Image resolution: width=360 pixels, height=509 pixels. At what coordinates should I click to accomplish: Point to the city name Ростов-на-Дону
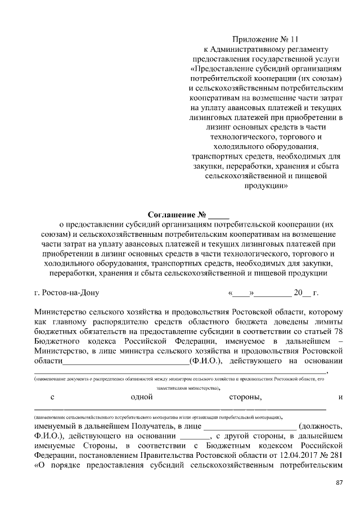tap(68, 292)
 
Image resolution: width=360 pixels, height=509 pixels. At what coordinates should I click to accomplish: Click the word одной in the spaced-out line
tap(142, 398)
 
